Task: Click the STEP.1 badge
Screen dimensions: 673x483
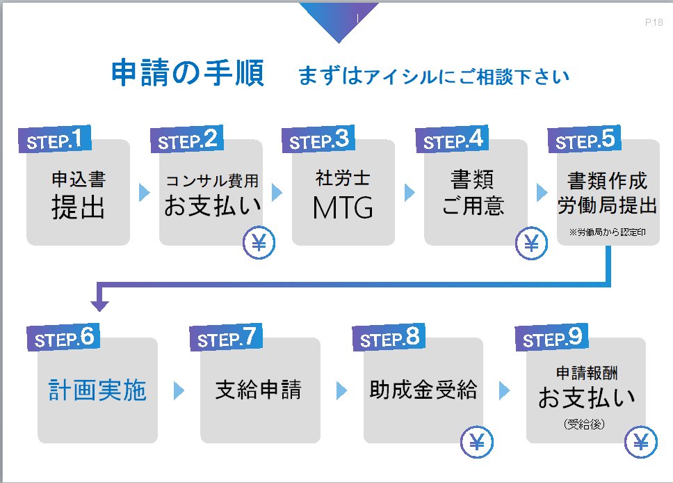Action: click(54, 139)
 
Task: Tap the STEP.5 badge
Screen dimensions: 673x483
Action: click(584, 139)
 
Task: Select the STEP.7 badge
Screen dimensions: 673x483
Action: click(226, 338)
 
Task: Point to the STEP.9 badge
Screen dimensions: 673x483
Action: click(551, 338)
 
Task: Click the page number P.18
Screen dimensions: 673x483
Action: click(654, 22)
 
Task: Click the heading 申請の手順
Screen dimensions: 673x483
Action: click(188, 73)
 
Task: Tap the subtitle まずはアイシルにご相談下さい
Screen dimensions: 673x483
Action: click(434, 77)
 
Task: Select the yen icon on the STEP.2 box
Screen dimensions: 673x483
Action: click(259, 243)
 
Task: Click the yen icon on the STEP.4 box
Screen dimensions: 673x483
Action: click(531, 243)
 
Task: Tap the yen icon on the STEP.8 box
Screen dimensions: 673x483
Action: click(477, 442)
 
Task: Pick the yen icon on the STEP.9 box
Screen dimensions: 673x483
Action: click(641, 442)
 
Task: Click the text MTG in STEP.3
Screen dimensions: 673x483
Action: click(343, 208)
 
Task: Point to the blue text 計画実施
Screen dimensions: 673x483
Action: click(97, 390)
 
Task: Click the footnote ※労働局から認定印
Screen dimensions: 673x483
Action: click(608, 232)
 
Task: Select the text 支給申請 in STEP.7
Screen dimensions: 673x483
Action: click(259, 390)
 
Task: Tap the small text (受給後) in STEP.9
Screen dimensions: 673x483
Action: click(584, 424)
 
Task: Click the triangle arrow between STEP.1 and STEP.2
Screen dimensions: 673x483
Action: click(144, 193)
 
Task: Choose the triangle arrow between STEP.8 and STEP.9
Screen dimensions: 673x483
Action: click(504, 390)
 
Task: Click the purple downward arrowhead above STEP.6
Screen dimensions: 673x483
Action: click(99, 306)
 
